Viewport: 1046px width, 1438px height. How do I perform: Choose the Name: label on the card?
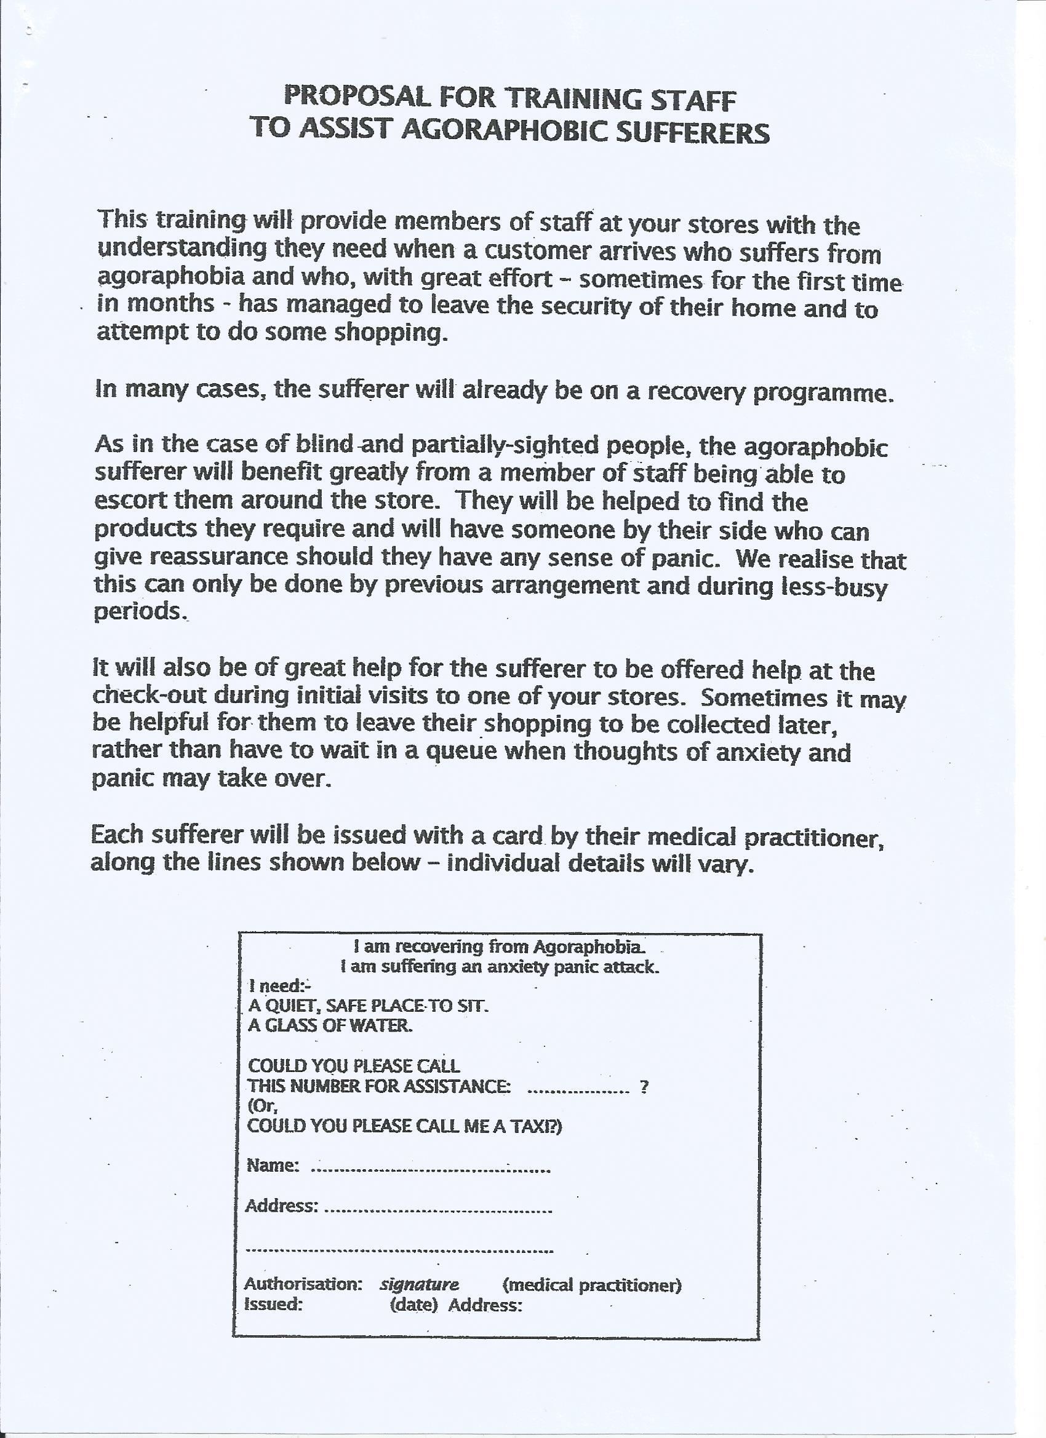[x=271, y=1166]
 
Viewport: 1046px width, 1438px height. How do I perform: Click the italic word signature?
[x=418, y=1285]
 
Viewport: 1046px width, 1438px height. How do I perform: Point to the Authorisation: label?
[x=303, y=1285]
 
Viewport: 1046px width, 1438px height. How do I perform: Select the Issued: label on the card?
[x=273, y=1304]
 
